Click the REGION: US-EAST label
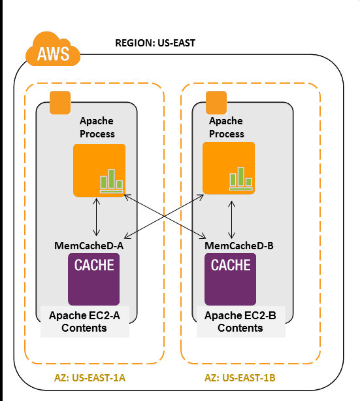pos(155,43)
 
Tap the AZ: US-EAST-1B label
pos(239,378)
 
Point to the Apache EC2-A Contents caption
pos(84,321)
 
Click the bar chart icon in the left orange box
pos(110,181)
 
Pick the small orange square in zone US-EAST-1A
pos(60,103)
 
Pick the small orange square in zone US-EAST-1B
pos(216,102)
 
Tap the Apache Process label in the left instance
pos(97,128)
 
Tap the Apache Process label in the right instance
pos(226,128)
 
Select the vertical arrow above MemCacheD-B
pos(232,218)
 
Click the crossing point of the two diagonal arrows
pos(165,216)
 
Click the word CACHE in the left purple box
pos(95,266)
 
